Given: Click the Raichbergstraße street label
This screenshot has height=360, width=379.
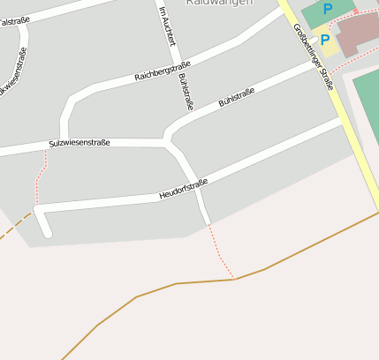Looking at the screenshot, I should point(155,71).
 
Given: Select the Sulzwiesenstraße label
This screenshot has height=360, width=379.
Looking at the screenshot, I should point(80,143).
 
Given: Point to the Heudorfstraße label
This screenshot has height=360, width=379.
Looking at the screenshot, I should point(183,188).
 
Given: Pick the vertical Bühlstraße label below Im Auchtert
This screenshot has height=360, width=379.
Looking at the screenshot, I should point(186,92).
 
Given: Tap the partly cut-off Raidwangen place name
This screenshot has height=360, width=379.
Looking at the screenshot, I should point(219,4).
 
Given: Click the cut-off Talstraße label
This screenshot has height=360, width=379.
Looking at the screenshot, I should point(10,21).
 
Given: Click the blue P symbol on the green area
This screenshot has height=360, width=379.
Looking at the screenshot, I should point(328,10).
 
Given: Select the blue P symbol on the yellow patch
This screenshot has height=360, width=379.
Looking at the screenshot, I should point(324,40).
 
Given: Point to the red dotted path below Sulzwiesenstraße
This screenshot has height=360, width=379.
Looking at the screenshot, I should point(40,181).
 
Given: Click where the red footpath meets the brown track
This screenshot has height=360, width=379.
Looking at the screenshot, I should point(234,279).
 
